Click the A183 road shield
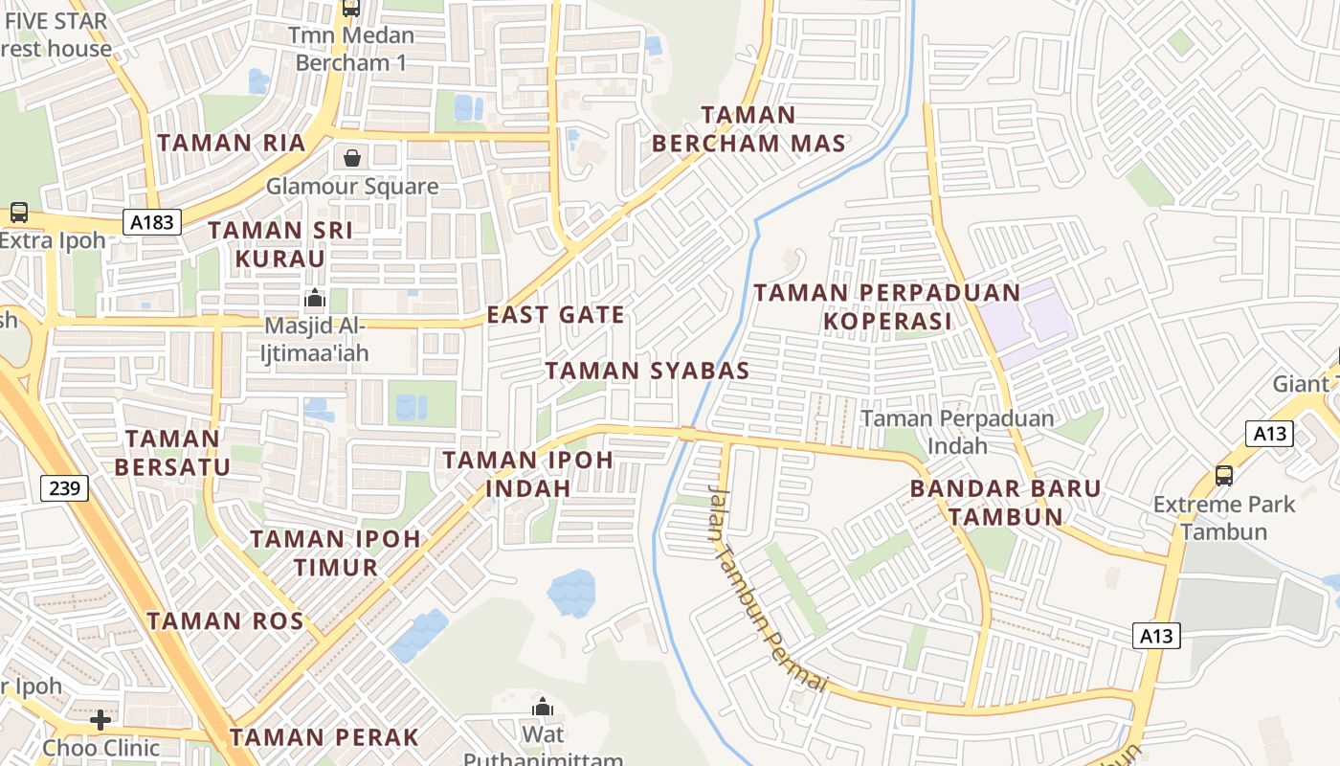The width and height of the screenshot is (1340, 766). point(152,223)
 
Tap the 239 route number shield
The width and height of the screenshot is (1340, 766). point(65,488)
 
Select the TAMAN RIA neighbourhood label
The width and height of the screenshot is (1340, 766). point(232,143)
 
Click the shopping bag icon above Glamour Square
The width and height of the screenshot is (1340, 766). point(352,158)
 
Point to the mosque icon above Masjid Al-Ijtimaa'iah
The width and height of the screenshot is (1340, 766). point(313,299)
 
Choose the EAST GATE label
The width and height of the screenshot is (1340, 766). point(556,315)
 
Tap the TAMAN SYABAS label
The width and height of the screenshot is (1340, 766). point(647,371)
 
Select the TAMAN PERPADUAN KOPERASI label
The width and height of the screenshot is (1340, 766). point(888,306)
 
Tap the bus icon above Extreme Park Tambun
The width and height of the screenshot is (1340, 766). point(1223,475)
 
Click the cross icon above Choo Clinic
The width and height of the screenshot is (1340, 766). point(100,719)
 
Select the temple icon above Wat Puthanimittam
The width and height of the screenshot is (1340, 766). point(543,708)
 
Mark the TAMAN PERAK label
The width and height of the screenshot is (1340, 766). point(324,737)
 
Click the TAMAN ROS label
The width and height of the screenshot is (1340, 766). point(225,620)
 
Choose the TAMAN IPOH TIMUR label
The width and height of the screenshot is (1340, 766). point(336,552)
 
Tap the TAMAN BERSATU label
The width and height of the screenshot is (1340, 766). point(173,453)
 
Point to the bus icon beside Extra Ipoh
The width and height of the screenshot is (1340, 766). point(18,213)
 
